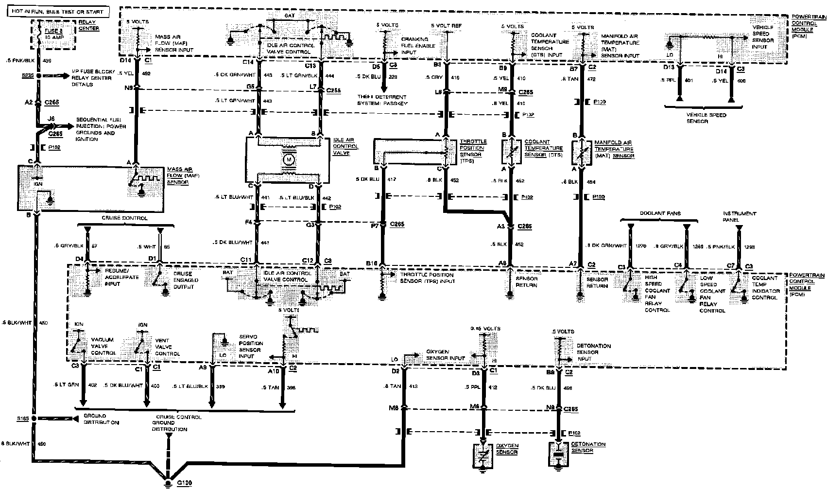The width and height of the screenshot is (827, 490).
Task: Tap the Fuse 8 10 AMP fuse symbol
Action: pyautogui.click(x=37, y=33)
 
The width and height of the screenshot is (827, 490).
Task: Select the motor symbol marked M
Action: pyautogui.click(x=289, y=159)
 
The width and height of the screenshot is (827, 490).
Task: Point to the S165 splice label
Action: pyautogui.click(x=23, y=418)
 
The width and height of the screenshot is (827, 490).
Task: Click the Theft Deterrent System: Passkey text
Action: pyautogui.click(x=383, y=100)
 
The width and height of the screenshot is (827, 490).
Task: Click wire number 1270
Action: pyautogui.click(x=641, y=246)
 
